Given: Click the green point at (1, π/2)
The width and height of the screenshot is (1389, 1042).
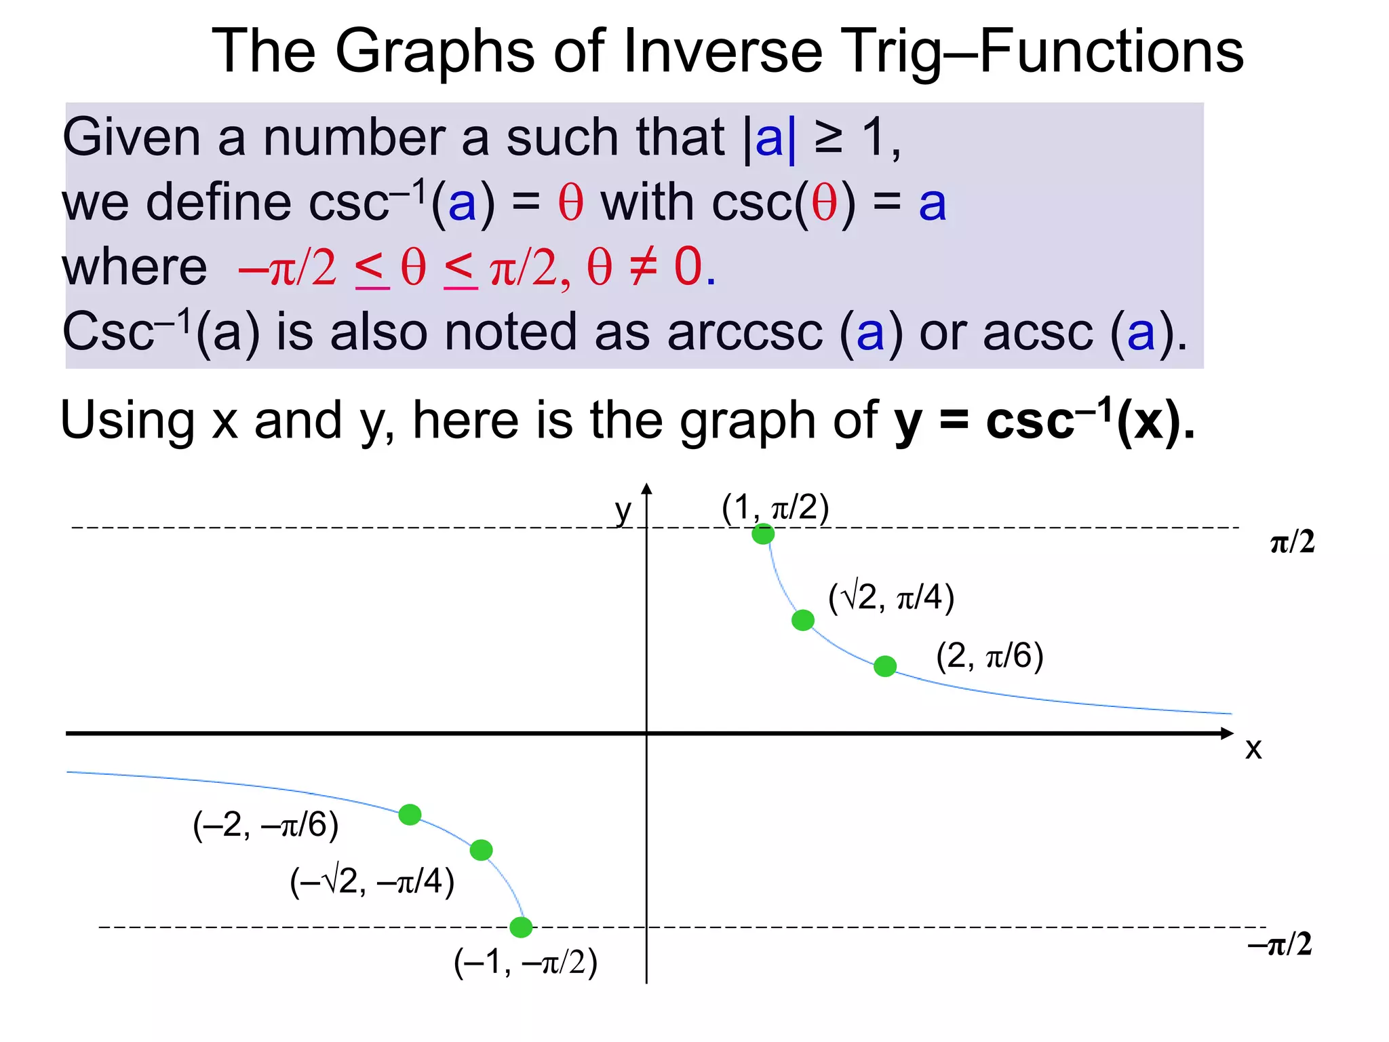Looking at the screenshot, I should pyautogui.click(x=763, y=534).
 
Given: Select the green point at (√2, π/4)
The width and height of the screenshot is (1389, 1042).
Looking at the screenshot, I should pyautogui.click(x=803, y=620).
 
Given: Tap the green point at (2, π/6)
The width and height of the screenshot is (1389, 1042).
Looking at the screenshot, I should pyautogui.click(x=885, y=666).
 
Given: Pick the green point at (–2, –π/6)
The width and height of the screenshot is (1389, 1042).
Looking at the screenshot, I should pyautogui.click(x=410, y=814).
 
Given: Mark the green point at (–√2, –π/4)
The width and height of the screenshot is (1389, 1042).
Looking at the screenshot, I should pyautogui.click(x=481, y=850).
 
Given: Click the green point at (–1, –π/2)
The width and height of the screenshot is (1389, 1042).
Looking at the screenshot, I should pyautogui.click(x=521, y=927).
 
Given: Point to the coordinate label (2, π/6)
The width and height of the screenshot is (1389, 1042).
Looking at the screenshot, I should pyautogui.click(x=990, y=656).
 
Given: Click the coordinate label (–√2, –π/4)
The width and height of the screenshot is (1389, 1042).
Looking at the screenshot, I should pyautogui.click(x=372, y=882).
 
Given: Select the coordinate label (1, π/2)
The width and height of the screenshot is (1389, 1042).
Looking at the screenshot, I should pyautogui.click(x=775, y=507).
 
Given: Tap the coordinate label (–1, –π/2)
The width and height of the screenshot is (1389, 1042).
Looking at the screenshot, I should pyautogui.click(x=526, y=962).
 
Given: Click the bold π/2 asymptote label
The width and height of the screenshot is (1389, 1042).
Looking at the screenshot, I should pyautogui.click(x=1292, y=543).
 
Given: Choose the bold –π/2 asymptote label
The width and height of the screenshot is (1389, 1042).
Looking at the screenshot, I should pyautogui.click(x=1280, y=944).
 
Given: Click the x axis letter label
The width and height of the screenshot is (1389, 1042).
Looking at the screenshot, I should pyautogui.click(x=1253, y=749).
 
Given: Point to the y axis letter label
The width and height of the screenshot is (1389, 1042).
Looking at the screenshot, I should pyautogui.click(x=623, y=511).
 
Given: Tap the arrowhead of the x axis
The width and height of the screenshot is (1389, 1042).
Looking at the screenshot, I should pyautogui.click(x=1226, y=733).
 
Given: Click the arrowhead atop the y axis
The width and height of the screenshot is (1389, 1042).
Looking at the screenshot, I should pyautogui.click(x=646, y=489).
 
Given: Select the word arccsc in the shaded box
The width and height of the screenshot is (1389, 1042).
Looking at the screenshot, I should pyautogui.click(x=745, y=332).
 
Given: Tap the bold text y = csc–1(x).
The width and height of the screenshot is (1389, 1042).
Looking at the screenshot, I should pyautogui.click(x=1044, y=421).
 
